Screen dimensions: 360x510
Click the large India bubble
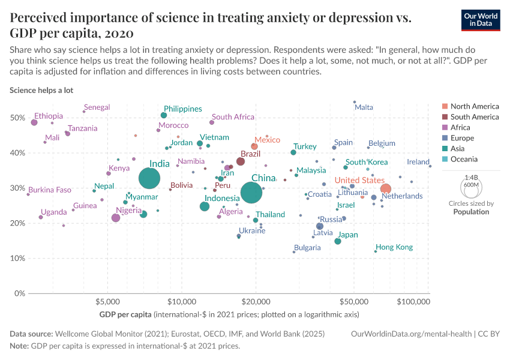tap(149, 178)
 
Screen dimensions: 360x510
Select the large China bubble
tap(252, 193)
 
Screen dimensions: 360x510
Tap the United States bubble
tap(386, 189)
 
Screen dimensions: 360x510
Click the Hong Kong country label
tap(394, 247)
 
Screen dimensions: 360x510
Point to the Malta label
tap(364, 107)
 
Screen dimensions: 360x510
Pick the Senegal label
tap(97, 107)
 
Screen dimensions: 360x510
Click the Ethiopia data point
tap(34, 122)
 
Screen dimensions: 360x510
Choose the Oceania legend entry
tap(464, 159)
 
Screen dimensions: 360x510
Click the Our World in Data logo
tap(481, 19)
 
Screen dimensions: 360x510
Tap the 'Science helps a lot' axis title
tap(41, 90)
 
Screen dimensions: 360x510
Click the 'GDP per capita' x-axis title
tap(125, 314)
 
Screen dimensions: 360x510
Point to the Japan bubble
tap(338, 241)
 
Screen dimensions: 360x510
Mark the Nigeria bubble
tap(116, 218)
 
